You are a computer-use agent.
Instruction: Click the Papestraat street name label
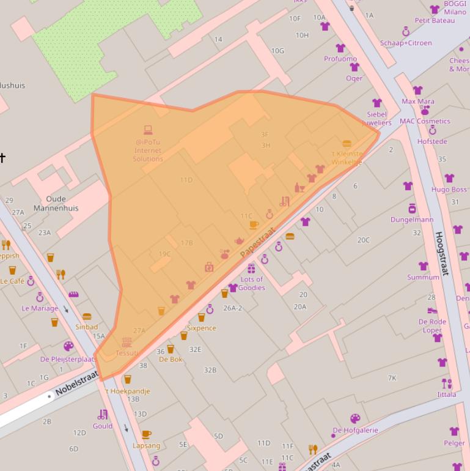[x=258, y=243]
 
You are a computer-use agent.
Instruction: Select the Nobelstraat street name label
[x=76, y=382]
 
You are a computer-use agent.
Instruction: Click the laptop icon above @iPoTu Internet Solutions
[x=148, y=130]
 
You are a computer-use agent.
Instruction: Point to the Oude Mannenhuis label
[x=56, y=204]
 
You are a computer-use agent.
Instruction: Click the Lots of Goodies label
[x=252, y=284]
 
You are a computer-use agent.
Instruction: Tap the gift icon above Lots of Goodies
[x=251, y=269]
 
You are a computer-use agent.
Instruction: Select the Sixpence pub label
[x=201, y=328]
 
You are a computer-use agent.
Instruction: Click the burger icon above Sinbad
[x=87, y=317]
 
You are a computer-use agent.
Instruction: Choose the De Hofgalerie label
[x=355, y=430]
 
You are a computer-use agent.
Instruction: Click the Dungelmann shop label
[x=412, y=220]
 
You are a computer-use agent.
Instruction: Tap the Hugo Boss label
[x=449, y=189]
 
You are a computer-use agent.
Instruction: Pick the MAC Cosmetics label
[x=425, y=121]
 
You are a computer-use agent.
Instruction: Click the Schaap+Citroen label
[x=406, y=43]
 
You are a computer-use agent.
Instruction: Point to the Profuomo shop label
[x=340, y=59]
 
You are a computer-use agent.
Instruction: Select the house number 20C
[x=364, y=240]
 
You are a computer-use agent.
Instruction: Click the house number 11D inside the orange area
[x=186, y=180]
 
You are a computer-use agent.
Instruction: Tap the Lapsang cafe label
[x=146, y=445]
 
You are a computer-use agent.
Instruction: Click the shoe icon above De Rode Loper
[x=432, y=311]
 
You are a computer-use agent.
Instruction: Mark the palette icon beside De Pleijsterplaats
[x=68, y=346]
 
